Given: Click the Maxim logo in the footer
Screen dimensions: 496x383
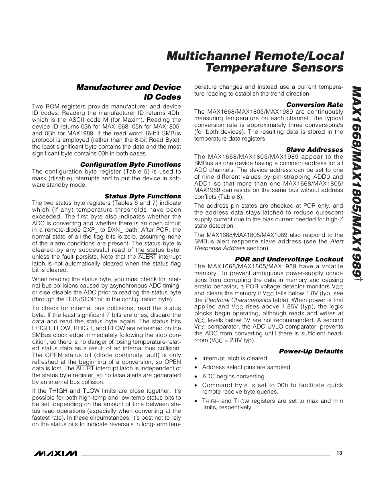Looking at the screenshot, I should point(55,453).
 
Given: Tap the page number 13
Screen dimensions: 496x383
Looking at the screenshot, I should point(339,453).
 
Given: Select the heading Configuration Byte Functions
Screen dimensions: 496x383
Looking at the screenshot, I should point(130,165).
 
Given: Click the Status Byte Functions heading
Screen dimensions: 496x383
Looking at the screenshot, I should point(143,196).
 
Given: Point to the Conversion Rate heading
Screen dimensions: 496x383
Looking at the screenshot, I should point(314,105).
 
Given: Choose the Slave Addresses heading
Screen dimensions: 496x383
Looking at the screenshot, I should point(314,150).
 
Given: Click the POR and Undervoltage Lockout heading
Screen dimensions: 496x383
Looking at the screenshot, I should point(289,259).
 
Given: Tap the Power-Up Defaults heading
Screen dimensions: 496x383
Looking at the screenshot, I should point(311,351).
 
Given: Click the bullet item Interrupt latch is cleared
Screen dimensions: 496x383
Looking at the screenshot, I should point(235,358).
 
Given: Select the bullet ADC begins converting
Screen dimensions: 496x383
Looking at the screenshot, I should point(234,376).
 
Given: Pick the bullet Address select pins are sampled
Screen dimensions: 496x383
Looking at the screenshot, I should point(247,367).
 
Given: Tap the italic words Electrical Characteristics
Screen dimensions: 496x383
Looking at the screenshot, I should point(238,300).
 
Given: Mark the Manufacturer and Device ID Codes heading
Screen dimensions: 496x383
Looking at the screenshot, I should point(129,92).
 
